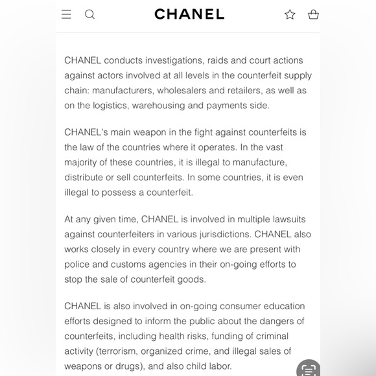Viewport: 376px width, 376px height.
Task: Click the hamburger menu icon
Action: (x=66, y=14)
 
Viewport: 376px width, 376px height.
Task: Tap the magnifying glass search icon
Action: (x=90, y=14)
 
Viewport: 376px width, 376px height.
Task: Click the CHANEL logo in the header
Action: (x=189, y=14)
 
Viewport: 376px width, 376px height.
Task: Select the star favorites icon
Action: (x=290, y=14)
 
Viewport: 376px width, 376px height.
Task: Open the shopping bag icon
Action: (x=314, y=14)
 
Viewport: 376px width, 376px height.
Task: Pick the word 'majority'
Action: (x=83, y=162)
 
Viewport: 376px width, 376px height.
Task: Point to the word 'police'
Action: (x=78, y=264)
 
